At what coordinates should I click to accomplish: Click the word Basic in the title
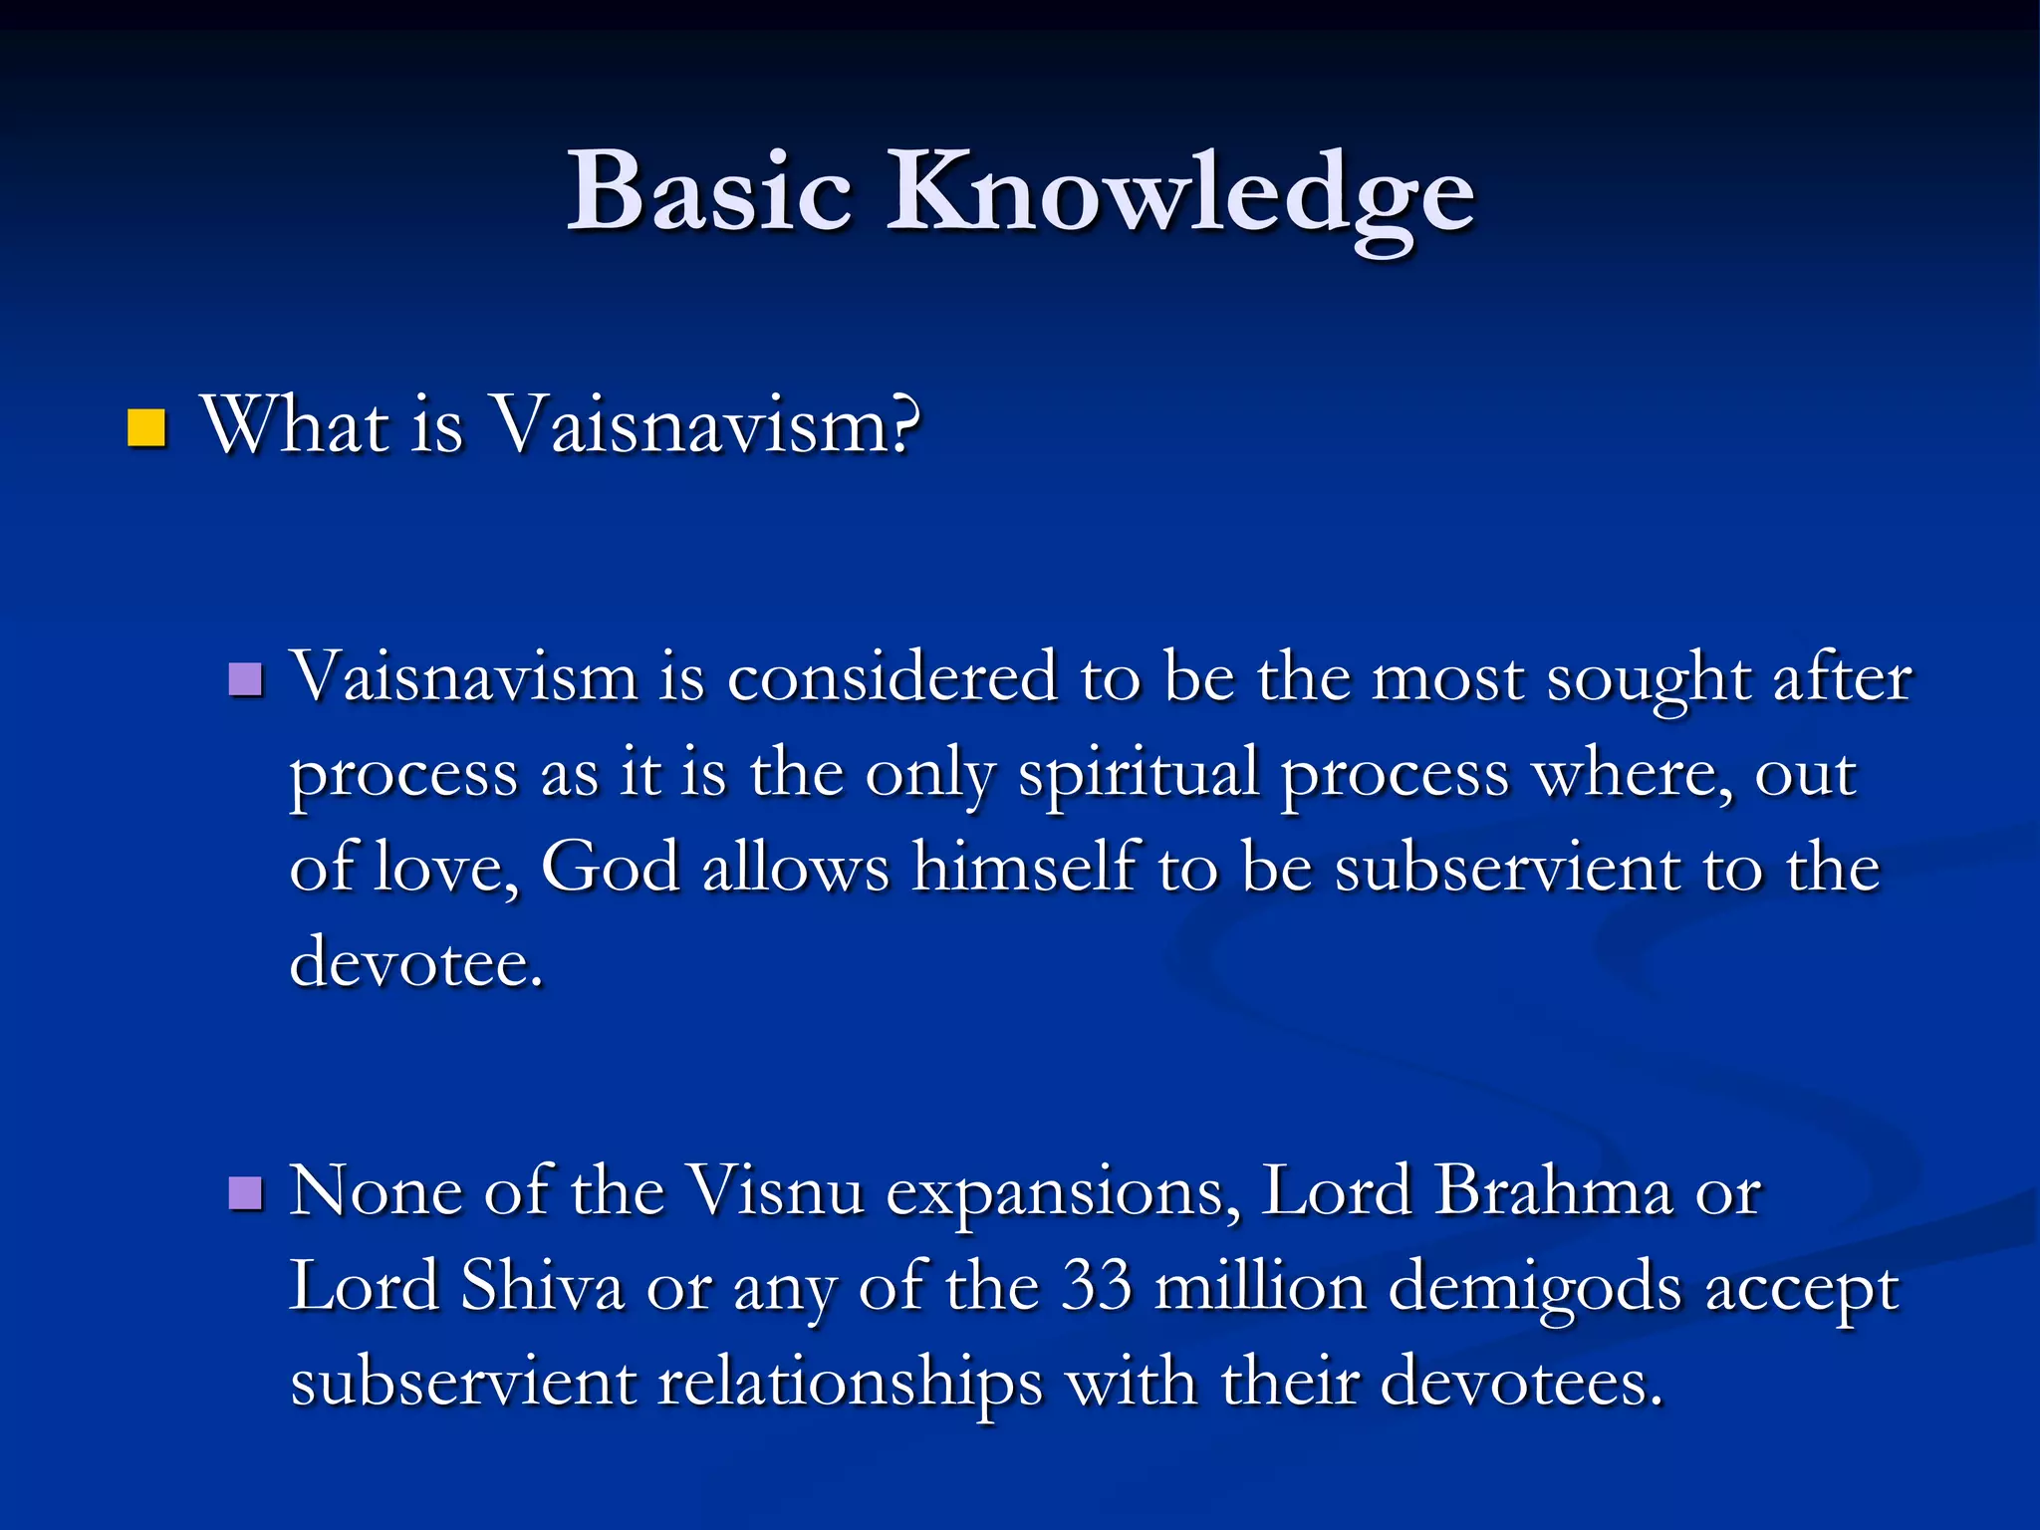[x=709, y=191]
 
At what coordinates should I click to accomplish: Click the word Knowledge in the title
[x=1180, y=194]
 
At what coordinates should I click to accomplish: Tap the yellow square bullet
[x=146, y=428]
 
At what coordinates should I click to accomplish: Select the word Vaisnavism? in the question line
[x=707, y=425]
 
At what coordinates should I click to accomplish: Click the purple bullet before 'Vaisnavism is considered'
[x=245, y=680]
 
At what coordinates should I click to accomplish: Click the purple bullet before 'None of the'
[x=245, y=1192]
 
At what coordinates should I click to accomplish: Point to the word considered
[x=892, y=677]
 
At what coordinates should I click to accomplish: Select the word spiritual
[x=1139, y=775]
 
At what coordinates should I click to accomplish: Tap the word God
[x=610, y=867]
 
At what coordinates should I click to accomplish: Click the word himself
[x=1025, y=867]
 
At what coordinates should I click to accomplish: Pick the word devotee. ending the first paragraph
[x=416, y=962]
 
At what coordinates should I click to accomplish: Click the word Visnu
[x=776, y=1191]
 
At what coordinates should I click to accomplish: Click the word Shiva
[x=542, y=1286]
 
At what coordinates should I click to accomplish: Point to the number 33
[x=1097, y=1286]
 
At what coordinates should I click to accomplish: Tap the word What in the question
[x=295, y=425]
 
